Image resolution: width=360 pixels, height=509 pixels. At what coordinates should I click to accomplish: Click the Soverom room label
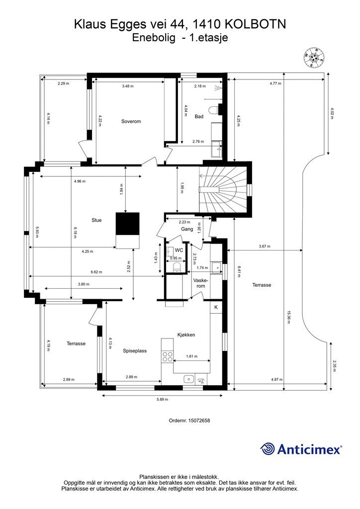[131, 121]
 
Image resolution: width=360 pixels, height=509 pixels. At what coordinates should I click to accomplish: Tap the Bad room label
[199, 116]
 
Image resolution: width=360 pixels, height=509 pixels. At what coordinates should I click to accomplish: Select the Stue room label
[96, 220]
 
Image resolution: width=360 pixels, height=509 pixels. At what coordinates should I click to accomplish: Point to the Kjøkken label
[186, 335]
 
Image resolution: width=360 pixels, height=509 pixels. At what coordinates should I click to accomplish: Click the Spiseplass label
[135, 350]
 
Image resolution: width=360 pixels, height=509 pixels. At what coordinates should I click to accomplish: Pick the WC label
[180, 251]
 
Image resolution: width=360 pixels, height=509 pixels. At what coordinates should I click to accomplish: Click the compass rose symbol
[313, 57]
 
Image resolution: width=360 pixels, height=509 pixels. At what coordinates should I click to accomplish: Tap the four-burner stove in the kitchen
[168, 356]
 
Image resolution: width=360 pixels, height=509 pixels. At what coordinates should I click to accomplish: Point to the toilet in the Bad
[215, 109]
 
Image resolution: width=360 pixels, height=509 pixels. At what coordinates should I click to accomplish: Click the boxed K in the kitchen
[216, 308]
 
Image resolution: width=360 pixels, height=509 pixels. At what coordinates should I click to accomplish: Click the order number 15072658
[189, 421]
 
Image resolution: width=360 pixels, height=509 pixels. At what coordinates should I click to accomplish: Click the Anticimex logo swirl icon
[268, 449]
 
